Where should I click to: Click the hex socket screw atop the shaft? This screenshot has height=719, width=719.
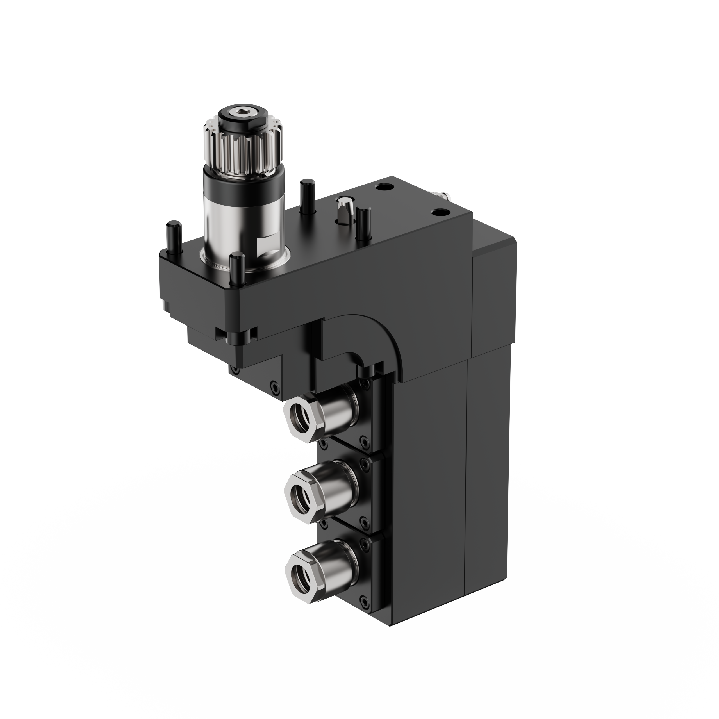point(244,112)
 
